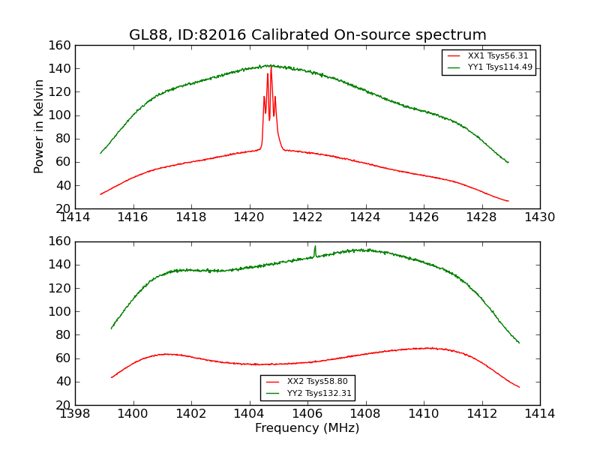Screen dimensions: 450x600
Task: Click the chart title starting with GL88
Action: (307, 35)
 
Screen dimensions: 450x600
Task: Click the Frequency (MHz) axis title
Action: (307, 428)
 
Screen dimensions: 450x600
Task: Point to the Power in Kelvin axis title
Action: (40, 127)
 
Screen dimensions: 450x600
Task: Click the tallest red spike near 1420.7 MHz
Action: (271, 67)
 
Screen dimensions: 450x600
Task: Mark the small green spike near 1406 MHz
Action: (315, 246)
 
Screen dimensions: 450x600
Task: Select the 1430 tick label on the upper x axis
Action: (540, 217)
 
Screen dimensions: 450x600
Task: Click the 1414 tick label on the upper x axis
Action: (75, 217)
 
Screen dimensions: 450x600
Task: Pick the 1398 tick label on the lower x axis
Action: (75, 414)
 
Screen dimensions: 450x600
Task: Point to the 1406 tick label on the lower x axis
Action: (307, 414)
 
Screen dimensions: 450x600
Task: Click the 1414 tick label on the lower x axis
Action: (540, 414)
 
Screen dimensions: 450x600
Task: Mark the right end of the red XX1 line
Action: (508, 201)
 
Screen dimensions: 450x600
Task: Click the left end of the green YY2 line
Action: (112, 328)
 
